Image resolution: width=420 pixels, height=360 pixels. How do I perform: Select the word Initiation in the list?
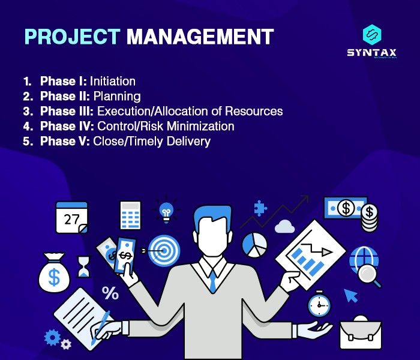(113, 82)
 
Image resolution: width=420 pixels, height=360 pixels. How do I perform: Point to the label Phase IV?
(67, 126)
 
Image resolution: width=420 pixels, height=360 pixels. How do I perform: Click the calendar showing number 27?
(71, 217)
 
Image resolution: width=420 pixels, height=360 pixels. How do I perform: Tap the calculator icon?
(130, 215)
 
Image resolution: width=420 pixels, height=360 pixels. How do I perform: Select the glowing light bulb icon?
(166, 211)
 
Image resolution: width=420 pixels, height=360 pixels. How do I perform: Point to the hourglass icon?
(83, 266)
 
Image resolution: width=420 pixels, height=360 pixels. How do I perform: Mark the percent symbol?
(110, 293)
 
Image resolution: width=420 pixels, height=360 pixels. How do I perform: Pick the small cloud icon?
(284, 227)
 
